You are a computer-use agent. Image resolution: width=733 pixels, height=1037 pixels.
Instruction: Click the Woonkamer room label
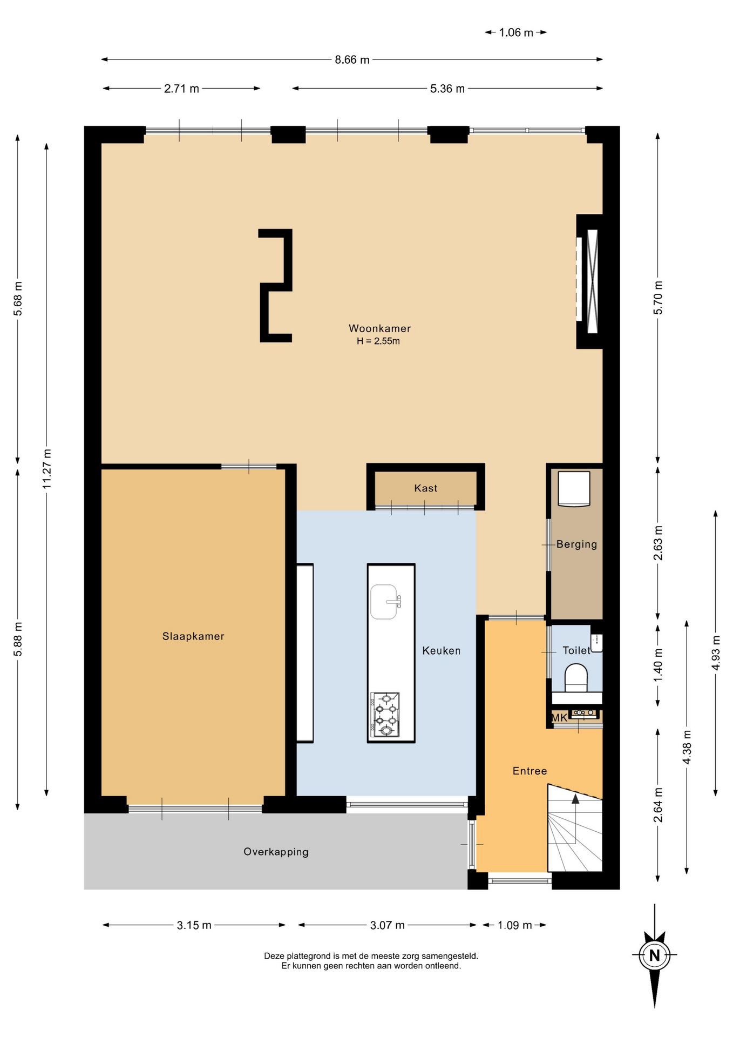[379, 328]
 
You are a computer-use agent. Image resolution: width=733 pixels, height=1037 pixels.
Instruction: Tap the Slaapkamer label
[193, 636]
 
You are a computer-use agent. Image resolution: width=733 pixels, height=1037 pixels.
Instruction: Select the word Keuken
[441, 651]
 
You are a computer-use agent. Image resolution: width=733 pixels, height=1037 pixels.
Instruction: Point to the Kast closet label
[425, 488]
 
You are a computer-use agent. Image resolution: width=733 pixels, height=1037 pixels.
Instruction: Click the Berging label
[576, 544]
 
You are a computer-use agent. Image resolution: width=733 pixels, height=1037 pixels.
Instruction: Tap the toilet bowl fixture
[576, 678]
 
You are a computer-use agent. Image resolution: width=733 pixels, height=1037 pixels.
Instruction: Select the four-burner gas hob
[385, 715]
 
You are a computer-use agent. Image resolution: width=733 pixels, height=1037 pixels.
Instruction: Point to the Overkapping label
[276, 852]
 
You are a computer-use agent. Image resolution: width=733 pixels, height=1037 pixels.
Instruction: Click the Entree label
[530, 771]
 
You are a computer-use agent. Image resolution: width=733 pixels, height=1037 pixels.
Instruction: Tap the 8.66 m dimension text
[352, 60]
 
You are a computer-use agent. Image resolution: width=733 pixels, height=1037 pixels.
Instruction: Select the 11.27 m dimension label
[47, 469]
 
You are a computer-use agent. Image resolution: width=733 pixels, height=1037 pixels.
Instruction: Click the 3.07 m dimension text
[387, 925]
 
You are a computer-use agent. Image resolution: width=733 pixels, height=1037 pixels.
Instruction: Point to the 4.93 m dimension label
[716, 653]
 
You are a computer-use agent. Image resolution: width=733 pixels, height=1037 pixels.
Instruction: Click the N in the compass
[654, 955]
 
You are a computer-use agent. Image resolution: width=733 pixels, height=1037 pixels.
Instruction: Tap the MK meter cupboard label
[559, 718]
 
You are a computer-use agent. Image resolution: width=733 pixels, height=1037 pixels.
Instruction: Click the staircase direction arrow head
[575, 799]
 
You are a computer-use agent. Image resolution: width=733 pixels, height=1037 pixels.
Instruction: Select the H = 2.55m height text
[378, 341]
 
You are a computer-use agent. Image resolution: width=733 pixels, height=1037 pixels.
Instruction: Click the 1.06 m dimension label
[515, 32]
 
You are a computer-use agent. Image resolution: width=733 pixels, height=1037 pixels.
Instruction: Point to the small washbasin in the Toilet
[596, 643]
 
